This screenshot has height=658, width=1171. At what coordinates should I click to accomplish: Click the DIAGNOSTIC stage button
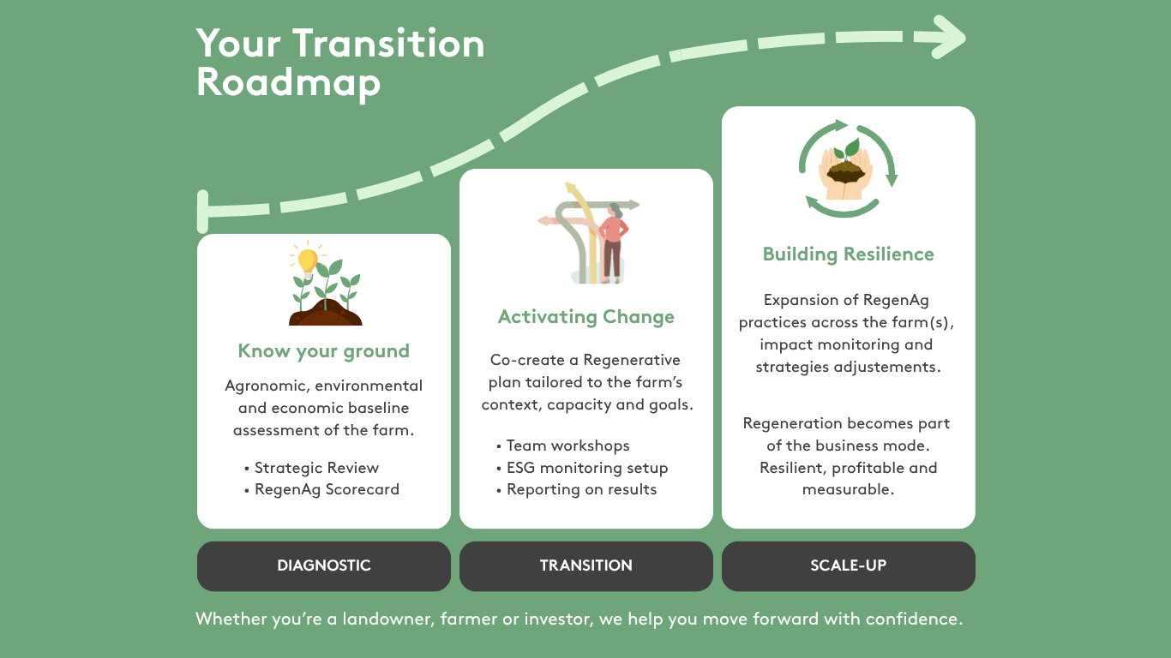[x=323, y=566]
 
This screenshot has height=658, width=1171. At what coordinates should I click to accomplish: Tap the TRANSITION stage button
[x=586, y=566]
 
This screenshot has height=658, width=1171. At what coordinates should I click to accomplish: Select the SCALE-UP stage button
[x=848, y=566]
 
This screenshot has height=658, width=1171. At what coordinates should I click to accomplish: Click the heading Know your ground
[x=323, y=351]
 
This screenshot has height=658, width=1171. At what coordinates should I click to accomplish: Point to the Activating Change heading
[x=586, y=317]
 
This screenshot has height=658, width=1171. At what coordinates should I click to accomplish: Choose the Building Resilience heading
[x=848, y=254]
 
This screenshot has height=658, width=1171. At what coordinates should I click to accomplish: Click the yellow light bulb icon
[x=308, y=261]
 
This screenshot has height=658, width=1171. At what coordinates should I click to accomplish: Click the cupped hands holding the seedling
[x=844, y=174]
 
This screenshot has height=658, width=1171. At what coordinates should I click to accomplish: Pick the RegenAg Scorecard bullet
[x=321, y=490]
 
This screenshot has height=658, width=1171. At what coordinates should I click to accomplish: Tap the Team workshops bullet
[x=563, y=446]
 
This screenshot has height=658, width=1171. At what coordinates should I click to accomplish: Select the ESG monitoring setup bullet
[x=582, y=468]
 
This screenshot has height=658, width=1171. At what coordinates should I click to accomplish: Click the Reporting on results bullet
[x=577, y=490]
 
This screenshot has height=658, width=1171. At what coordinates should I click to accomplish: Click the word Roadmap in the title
[x=288, y=83]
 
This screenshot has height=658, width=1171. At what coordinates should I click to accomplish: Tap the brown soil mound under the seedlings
[x=325, y=313]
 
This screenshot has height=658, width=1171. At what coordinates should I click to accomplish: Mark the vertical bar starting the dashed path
[x=203, y=212]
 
